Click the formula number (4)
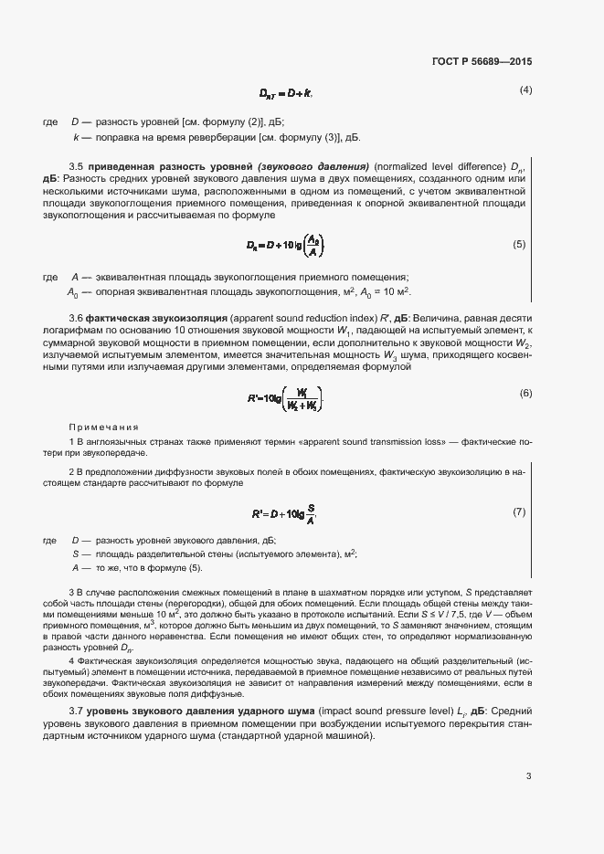pos(525,90)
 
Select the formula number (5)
pos(519,244)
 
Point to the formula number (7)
pos(519,511)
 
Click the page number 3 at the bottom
pos(528,777)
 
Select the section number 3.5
pos(77,165)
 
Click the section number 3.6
pos(77,316)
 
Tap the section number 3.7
pos(77,711)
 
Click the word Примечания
pos(103,427)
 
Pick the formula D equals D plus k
pos(286,93)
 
